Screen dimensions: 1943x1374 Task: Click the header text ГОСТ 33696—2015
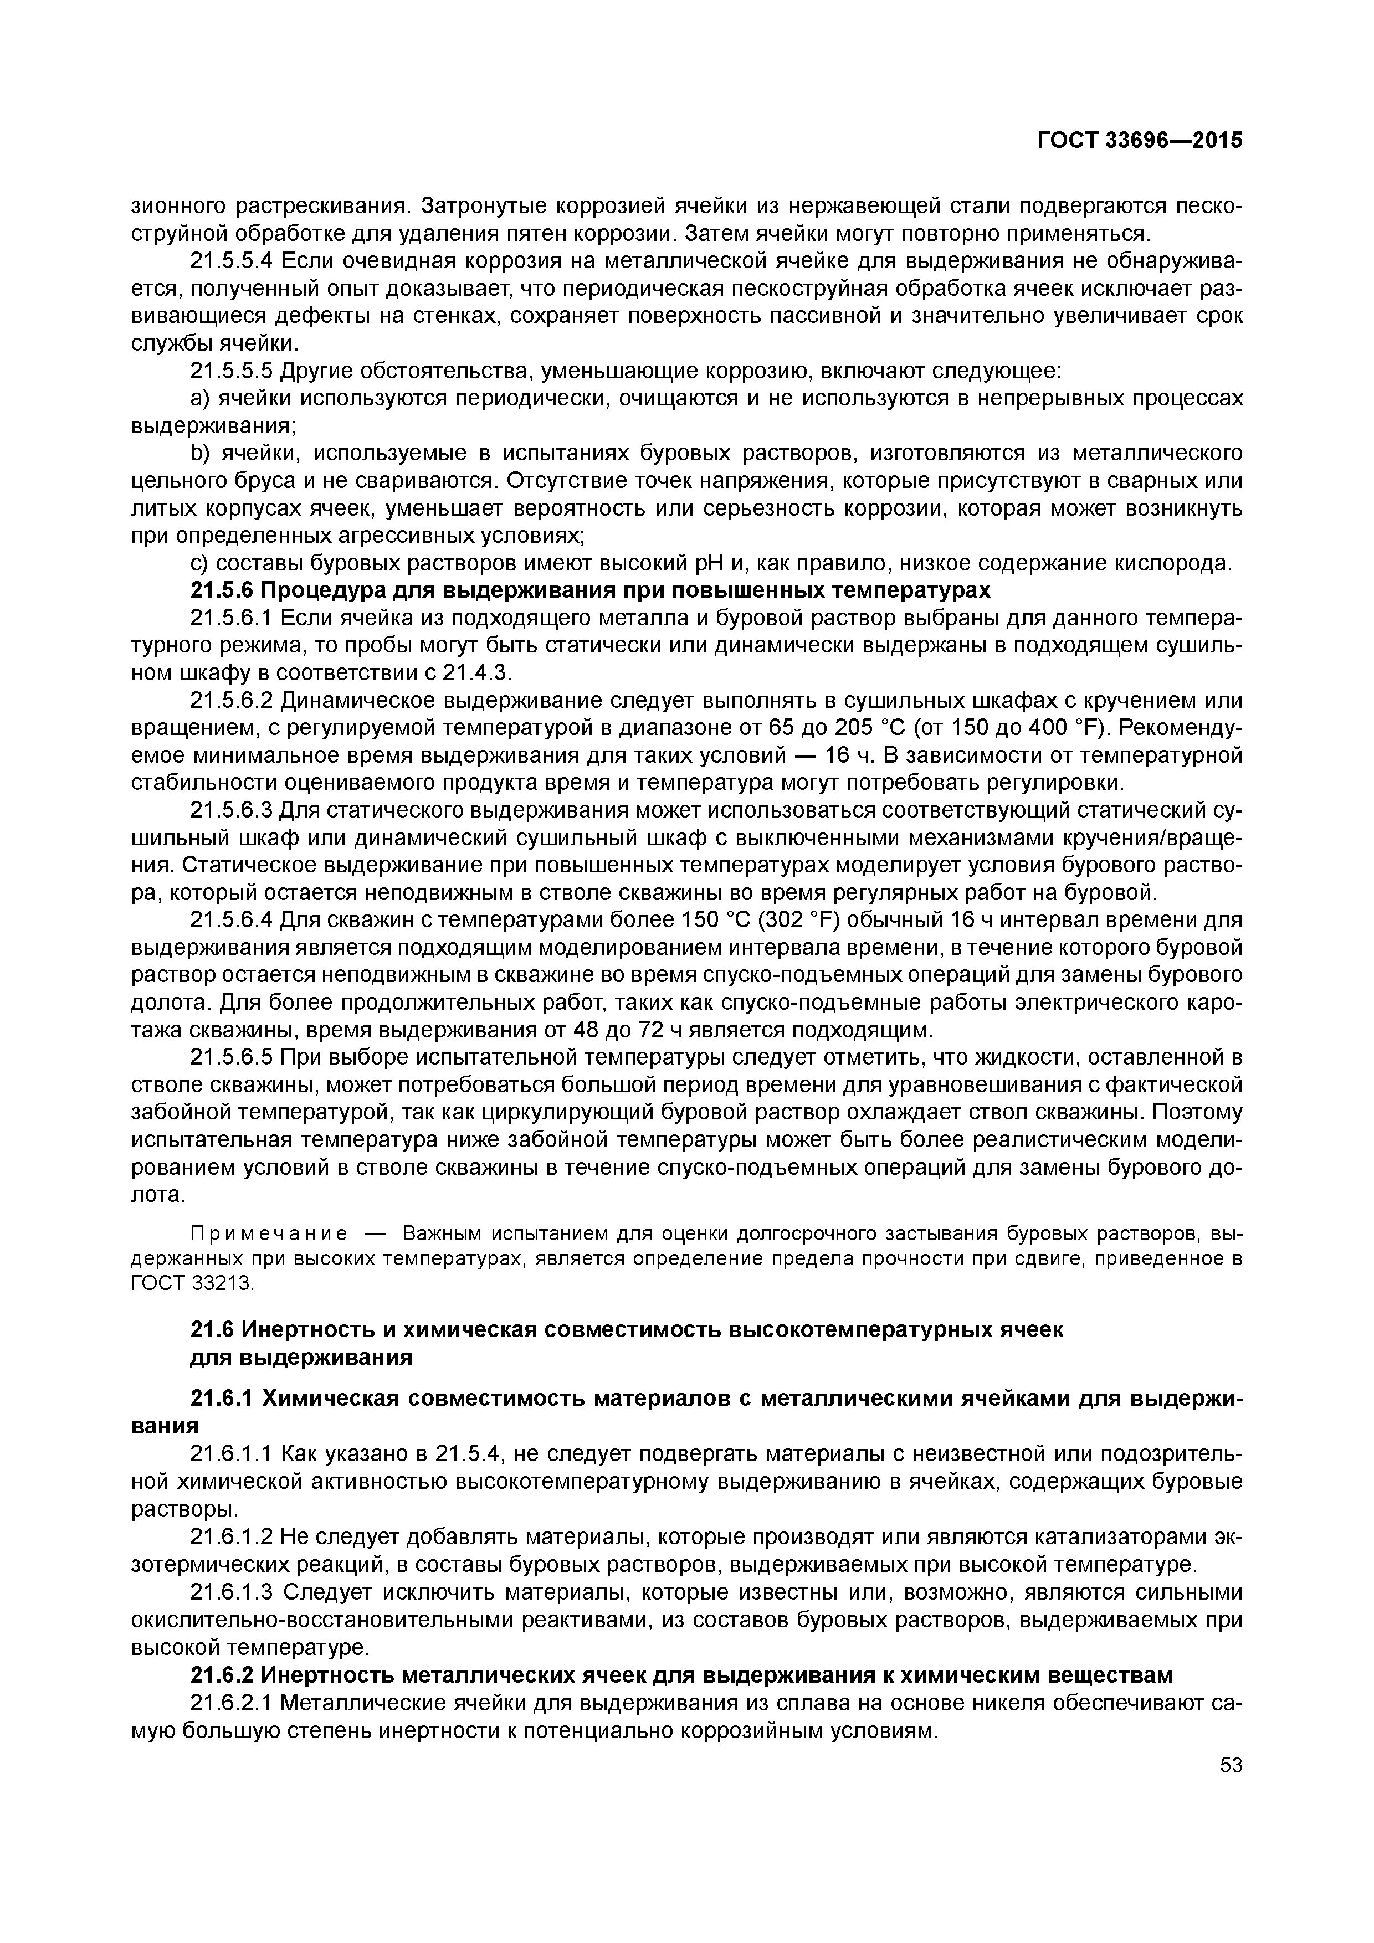pyautogui.click(x=1140, y=141)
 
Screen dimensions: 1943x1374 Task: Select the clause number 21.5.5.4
pyautogui.click(x=231, y=261)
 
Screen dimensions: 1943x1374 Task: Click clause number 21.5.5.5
pyautogui.click(x=231, y=371)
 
